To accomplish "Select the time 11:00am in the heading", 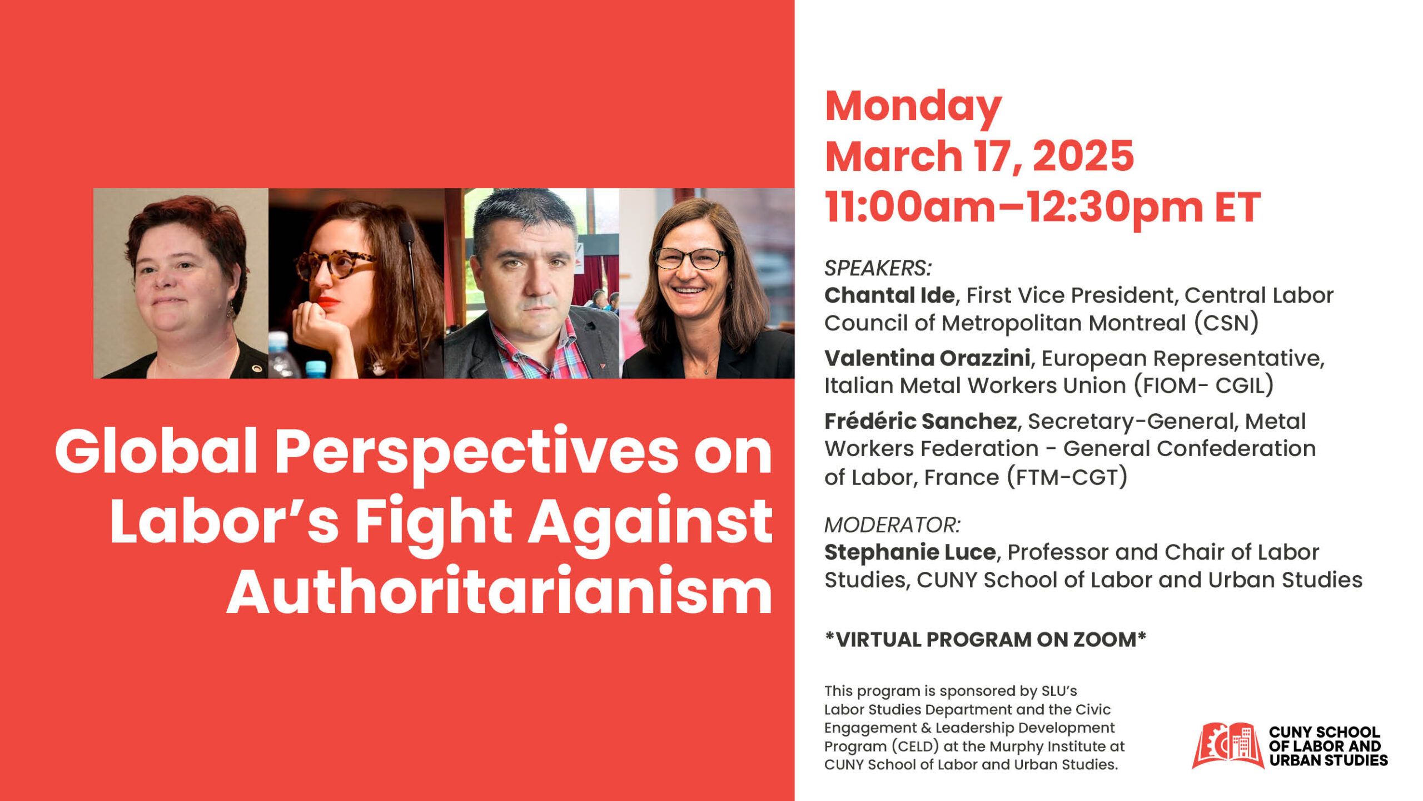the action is (910, 207).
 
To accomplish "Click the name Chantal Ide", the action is (889, 295).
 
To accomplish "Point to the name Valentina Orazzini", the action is (927, 358).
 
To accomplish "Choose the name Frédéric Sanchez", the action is (921, 421).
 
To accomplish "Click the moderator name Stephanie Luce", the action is (910, 552).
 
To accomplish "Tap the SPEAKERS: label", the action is (878, 268).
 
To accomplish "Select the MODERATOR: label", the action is (892, 525).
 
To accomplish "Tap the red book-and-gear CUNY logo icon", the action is (1227, 745).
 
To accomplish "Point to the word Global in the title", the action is (156, 451).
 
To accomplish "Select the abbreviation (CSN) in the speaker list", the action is (1226, 323).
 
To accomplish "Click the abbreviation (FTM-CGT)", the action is (1067, 477).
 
